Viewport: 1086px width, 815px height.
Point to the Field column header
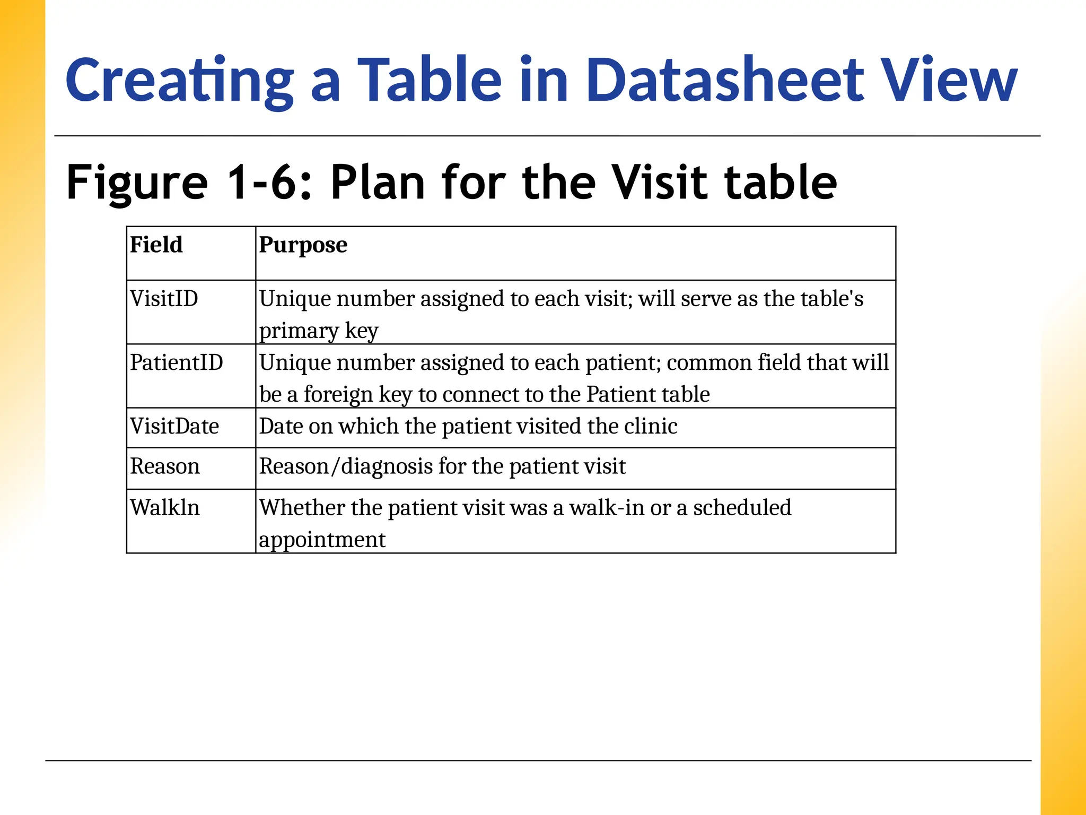[156, 245]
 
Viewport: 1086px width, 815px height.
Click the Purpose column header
[303, 245]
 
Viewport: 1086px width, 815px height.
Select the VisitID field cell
[164, 299]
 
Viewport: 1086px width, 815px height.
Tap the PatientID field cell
[177, 363]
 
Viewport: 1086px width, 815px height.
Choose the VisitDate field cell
[174, 427]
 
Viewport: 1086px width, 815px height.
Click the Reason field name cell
[165, 467]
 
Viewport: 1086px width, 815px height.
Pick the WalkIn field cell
[165, 508]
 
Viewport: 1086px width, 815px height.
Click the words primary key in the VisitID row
[319, 331]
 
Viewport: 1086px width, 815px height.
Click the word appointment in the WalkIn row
[322, 540]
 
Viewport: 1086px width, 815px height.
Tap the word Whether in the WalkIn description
[302, 508]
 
